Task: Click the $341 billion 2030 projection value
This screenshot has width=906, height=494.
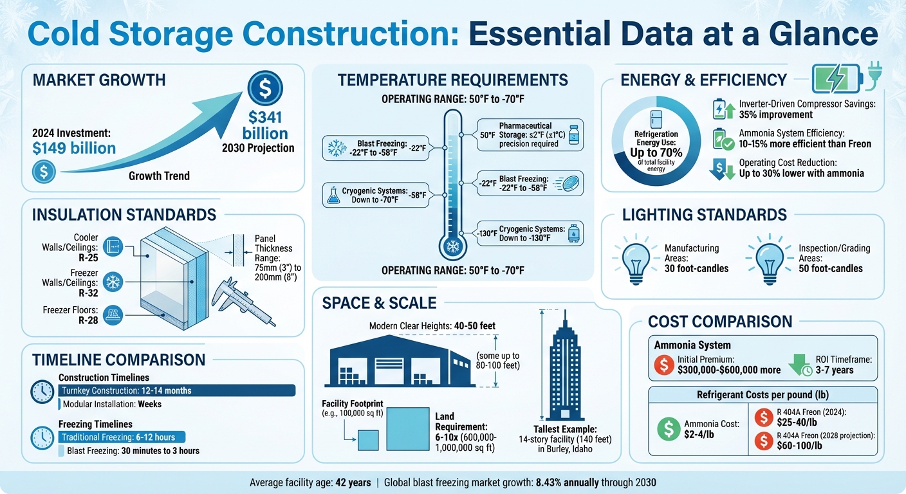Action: [264, 125]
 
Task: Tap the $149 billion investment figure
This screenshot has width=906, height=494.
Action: [73, 148]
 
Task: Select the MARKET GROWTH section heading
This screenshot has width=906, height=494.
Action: [98, 80]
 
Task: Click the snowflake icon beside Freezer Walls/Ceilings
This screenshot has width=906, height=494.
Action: [113, 281]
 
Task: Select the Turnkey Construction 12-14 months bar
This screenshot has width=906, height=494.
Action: [176, 390]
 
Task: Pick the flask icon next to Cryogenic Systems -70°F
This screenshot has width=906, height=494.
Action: [333, 197]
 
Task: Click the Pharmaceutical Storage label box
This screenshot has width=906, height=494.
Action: [530, 134]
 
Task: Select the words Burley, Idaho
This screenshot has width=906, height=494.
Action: [564, 449]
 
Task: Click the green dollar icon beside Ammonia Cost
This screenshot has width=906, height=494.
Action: [669, 428]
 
